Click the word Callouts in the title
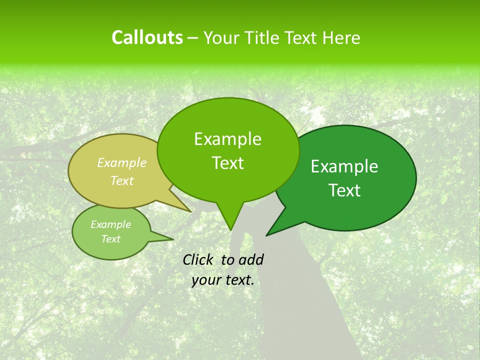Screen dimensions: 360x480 point(147,37)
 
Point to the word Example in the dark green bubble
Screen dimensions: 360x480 point(344,166)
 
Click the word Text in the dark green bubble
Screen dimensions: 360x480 point(344,190)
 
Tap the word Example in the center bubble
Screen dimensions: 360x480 point(227,139)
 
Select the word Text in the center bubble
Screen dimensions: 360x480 point(227,163)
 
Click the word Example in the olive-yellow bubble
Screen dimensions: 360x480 point(121,162)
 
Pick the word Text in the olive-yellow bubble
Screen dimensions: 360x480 point(121,180)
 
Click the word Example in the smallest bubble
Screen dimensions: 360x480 point(110,224)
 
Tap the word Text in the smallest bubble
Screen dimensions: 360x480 point(110,239)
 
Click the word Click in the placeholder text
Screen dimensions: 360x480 point(199,259)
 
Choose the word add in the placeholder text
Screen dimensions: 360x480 point(251,259)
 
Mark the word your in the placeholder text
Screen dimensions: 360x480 point(205,280)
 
